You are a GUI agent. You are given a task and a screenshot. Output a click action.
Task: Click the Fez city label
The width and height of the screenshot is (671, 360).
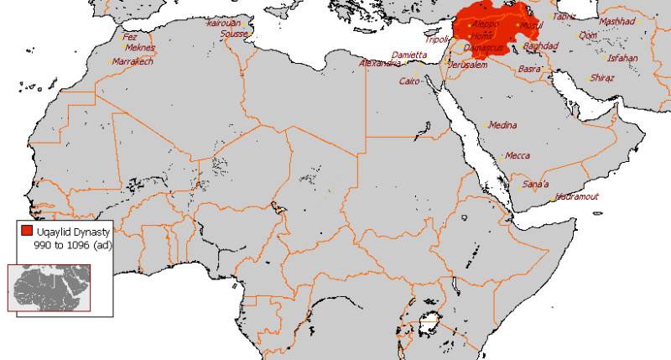(x=131, y=36)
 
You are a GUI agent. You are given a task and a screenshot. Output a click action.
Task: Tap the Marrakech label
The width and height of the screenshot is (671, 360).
(x=133, y=61)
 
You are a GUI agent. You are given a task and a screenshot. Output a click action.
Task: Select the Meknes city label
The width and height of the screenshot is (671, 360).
(x=139, y=48)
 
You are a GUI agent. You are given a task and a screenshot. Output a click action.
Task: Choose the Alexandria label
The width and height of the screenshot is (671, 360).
(x=380, y=63)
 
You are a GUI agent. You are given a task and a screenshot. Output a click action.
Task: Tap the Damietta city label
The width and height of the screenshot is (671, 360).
(x=409, y=54)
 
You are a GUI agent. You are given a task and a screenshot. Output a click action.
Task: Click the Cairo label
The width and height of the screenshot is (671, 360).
(x=409, y=81)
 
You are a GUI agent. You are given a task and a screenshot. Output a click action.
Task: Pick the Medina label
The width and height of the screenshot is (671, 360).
(x=502, y=124)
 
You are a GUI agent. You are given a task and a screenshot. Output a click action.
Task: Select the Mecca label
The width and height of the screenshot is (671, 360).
(x=517, y=155)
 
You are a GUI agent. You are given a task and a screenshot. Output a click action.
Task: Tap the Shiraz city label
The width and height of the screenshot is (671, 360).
(x=602, y=77)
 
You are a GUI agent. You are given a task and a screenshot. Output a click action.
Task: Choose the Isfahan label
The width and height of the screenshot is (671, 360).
(x=622, y=58)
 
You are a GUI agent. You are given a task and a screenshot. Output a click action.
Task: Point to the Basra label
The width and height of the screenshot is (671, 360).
(x=529, y=69)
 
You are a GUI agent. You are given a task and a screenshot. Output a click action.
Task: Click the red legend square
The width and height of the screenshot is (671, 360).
(x=27, y=230)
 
